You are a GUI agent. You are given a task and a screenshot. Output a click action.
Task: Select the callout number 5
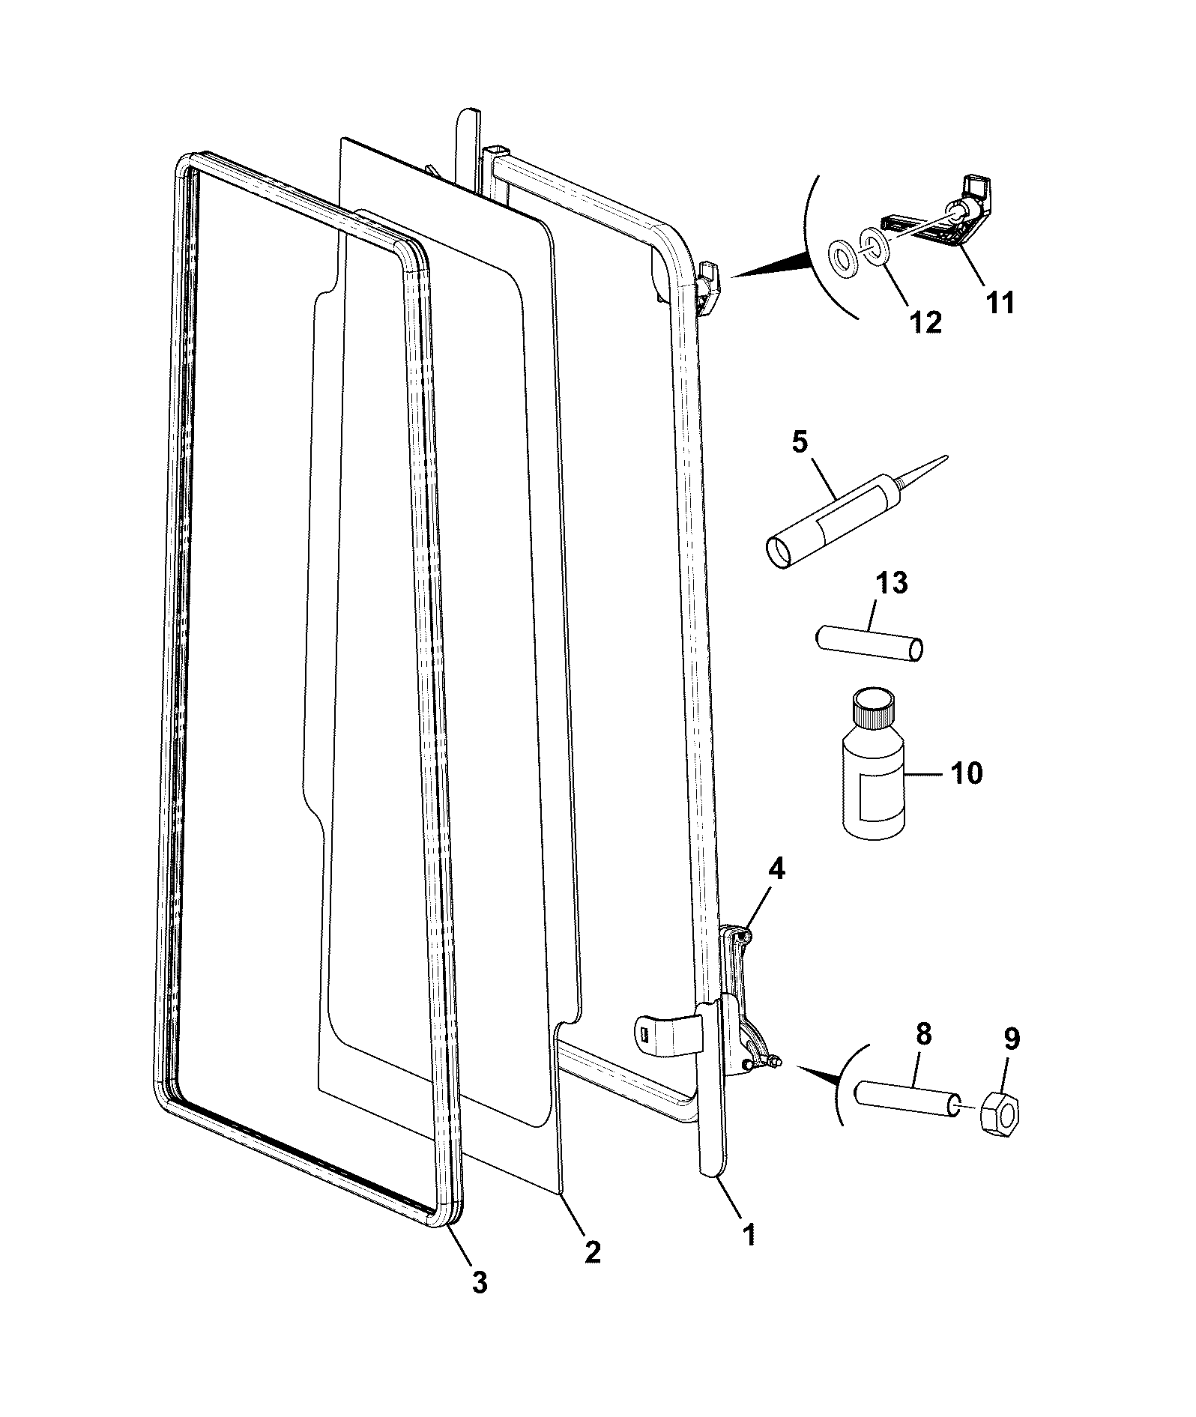(x=800, y=442)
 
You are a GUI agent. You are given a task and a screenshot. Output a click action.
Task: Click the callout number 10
(x=966, y=773)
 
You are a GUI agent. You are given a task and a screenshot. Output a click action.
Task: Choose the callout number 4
(x=776, y=869)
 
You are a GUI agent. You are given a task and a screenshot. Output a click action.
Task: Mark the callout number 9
(x=1011, y=1039)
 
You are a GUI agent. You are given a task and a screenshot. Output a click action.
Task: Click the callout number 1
(x=749, y=1234)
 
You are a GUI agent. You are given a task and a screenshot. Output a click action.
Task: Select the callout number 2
(x=592, y=1251)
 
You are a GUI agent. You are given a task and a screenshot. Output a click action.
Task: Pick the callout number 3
(x=480, y=1282)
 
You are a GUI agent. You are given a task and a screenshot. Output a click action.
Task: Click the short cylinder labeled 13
(x=869, y=643)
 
